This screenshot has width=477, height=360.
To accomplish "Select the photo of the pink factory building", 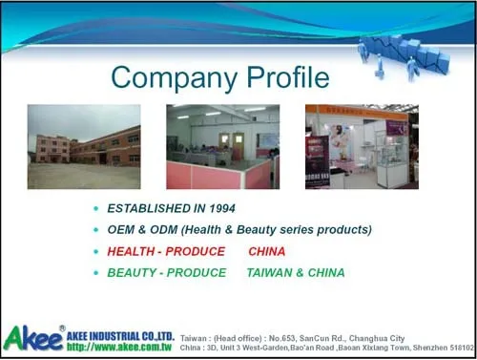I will (83, 146).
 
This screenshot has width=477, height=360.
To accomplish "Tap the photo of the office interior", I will (222, 146).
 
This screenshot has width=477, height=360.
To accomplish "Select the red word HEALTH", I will (129, 252).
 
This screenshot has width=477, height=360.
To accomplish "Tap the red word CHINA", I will (266, 252).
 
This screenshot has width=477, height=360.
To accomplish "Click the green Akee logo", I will (32, 337).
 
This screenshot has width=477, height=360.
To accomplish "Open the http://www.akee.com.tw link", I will (120, 347).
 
